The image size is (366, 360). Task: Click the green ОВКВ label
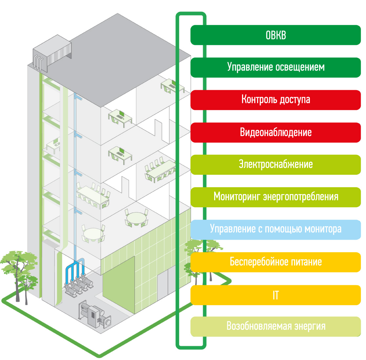pos(275,35)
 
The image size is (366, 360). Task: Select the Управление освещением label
pos(275,67)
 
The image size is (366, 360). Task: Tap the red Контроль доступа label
pos(275,99)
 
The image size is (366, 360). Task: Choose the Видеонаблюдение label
pos(275,132)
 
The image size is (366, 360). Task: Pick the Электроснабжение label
pos(275,164)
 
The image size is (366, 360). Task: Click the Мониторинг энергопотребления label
pos(275,197)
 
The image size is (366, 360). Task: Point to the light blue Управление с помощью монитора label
pos(275,229)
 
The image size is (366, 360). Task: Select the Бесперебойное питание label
pos(275,262)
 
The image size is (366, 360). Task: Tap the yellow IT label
pos(275,295)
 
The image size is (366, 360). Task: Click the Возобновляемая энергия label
pos(275,326)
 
